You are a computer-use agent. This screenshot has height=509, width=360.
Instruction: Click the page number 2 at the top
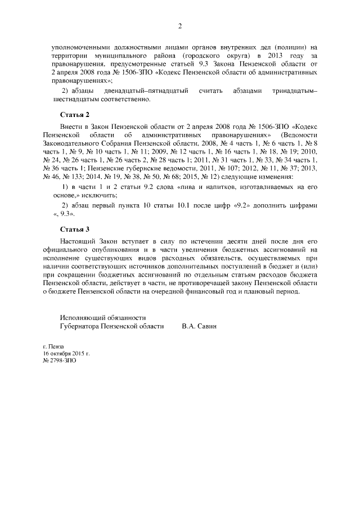click(x=180, y=26)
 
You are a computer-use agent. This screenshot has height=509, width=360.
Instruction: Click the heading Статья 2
click(x=75, y=115)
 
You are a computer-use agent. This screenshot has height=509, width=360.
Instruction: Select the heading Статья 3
click(x=75, y=229)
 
